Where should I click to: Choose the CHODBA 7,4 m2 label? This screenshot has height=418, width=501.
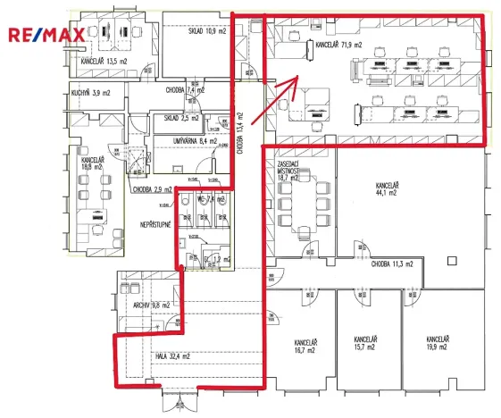coord(185,90)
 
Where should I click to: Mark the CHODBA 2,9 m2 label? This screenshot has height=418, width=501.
coord(153,189)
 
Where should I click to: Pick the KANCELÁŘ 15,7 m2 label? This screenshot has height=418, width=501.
coord(366,343)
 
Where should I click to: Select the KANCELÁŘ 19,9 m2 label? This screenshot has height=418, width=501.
coord(438,343)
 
